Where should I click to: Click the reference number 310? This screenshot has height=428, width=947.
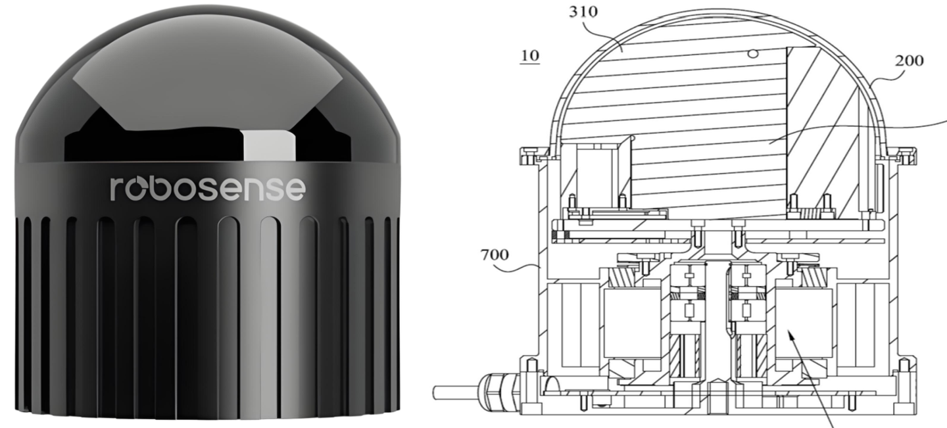583,12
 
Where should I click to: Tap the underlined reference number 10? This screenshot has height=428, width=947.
530,56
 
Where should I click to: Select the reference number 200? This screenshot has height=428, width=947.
909,61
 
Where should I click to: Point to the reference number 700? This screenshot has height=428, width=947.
495,255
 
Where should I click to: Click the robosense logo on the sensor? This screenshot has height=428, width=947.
208,189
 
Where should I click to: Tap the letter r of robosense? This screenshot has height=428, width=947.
116,189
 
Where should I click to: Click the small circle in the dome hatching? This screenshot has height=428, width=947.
752,54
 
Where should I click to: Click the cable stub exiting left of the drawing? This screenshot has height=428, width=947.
455,392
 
